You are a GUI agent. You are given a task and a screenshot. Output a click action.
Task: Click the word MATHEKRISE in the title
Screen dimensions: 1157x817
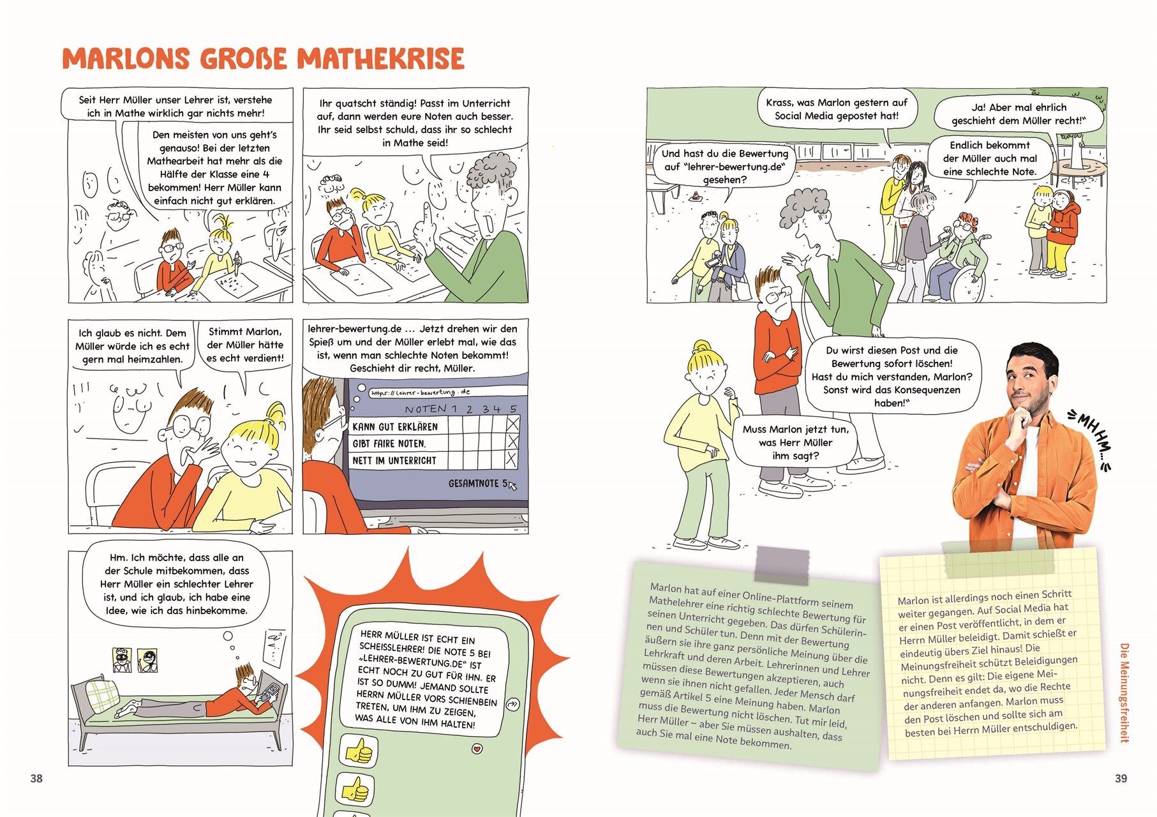point(381,59)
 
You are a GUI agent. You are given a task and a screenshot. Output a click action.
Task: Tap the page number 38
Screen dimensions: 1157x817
point(36,778)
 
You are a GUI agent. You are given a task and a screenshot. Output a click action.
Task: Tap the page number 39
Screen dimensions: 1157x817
point(1121,778)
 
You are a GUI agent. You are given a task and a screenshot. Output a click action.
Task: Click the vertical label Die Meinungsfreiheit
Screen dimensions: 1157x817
point(1124,693)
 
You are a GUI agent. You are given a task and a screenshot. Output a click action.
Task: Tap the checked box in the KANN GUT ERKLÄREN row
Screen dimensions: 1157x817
point(512,425)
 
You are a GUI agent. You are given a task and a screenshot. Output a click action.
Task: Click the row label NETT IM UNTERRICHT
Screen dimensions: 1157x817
point(394,460)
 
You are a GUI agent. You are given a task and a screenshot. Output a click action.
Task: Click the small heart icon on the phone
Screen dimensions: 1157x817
point(476,749)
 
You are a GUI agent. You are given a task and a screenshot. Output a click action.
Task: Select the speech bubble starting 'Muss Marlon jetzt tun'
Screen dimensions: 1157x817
point(795,442)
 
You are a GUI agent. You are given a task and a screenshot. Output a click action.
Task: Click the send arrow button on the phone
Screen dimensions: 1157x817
point(512,705)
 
